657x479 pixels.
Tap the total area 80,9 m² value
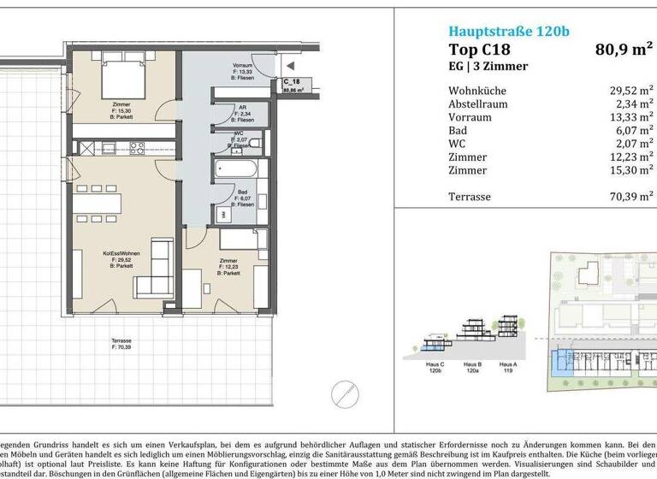[624, 50]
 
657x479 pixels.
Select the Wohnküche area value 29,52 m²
[630, 91]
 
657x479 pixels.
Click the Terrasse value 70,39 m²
[630, 197]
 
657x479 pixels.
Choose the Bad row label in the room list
[458, 131]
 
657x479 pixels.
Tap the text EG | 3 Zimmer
[488, 66]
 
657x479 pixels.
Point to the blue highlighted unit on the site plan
[560, 364]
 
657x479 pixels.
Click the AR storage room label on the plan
[243, 112]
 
